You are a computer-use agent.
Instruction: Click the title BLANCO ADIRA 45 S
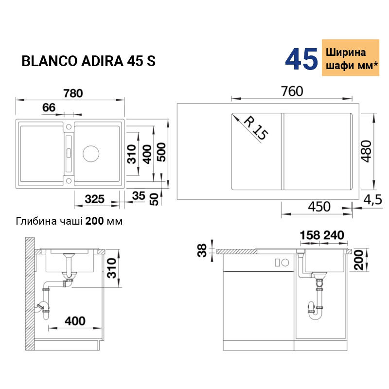coord(88,61)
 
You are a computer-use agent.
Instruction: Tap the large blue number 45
coord(301,59)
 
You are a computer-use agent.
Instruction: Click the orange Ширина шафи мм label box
coord(351,57)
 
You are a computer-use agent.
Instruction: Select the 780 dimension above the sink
coord(73,93)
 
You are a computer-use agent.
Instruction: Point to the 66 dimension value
coord(49,107)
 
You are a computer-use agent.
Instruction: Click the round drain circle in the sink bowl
coord(91,154)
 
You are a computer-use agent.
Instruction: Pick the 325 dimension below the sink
coord(94,199)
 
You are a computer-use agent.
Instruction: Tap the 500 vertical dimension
coord(161,152)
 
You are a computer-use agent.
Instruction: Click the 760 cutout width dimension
coord(292,91)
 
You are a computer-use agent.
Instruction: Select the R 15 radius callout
coord(256,128)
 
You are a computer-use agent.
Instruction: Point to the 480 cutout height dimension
coord(366,151)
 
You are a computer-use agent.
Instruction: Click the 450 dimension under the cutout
coord(319,206)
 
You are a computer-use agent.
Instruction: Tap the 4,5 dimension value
coord(372,199)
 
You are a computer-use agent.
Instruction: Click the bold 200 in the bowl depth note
coord(94,221)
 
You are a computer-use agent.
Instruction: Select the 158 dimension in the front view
coord(310,235)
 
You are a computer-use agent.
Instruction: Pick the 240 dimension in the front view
coord(334,235)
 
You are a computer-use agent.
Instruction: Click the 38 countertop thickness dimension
coord(202,250)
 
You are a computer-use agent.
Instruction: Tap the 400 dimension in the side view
coord(75,321)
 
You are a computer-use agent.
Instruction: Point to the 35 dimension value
coord(139,196)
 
